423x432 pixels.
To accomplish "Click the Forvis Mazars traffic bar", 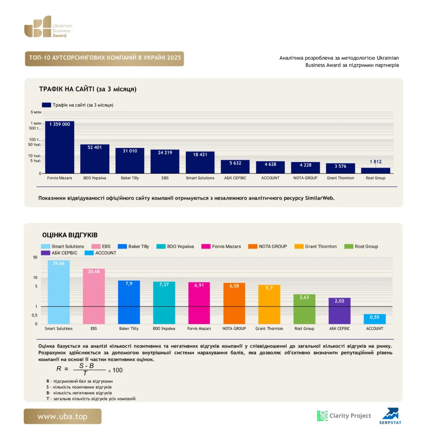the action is click(x=59, y=147).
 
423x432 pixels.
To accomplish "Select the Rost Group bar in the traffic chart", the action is click(x=375, y=170).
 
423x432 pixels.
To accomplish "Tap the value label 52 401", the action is click(x=95, y=147).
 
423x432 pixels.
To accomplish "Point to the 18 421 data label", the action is click(x=200, y=154).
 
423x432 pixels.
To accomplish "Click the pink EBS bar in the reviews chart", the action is click(x=94, y=296).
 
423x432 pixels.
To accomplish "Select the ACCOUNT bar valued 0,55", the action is click(x=375, y=319).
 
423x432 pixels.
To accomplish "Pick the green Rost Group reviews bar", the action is click(x=304, y=309).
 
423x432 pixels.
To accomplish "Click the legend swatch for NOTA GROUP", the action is click(x=253, y=246).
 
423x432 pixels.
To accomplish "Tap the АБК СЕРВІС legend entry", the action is click(x=59, y=253).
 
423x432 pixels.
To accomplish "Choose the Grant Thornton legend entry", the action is click(x=316, y=246).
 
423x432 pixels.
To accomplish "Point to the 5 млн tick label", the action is click(x=36, y=112).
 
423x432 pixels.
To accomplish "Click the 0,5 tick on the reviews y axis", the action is click(x=35, y=315).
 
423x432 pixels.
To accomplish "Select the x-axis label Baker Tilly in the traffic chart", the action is click(x=130, y=178).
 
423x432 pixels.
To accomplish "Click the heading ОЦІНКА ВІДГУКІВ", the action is click(x=70, y=235).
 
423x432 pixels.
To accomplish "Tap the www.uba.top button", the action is click(x=62, y=416).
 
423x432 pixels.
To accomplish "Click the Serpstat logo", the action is click(x=391, y=416).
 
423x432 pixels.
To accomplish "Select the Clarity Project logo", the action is click(x=344, y=416).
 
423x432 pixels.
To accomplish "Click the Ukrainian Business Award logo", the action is click(x=48, y=27).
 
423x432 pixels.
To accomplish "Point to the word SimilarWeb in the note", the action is click(x=319, y=198).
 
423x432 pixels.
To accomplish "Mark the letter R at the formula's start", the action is click(x=59, y=369).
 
